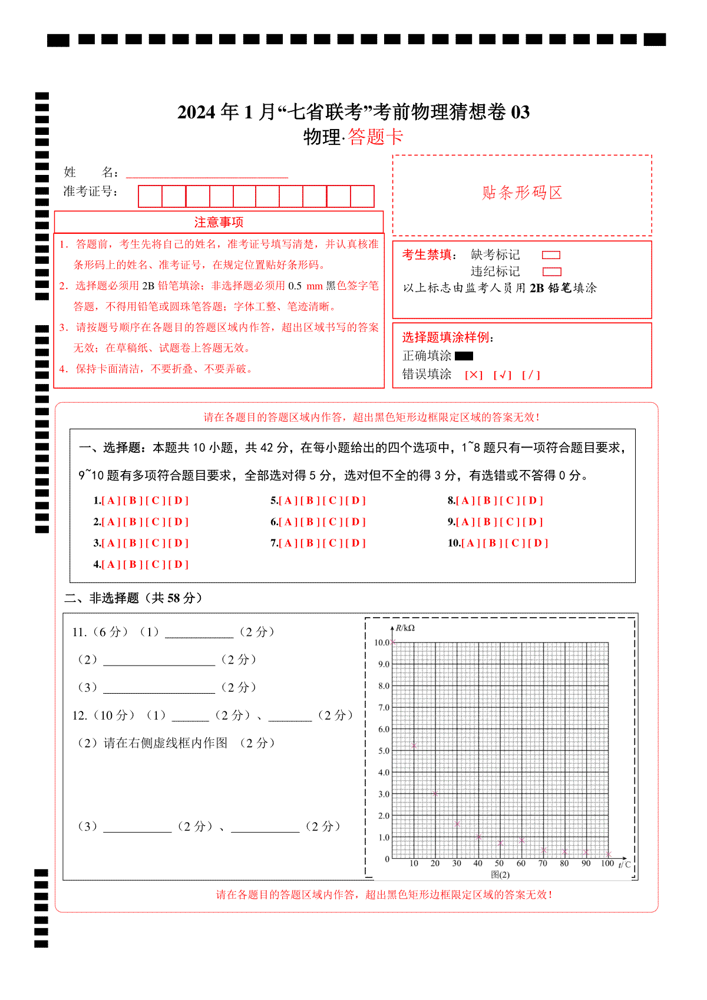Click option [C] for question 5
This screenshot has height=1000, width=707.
coord(333,501)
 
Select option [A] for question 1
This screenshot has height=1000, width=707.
coord(111,501)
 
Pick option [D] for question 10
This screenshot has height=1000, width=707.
coord(538,543)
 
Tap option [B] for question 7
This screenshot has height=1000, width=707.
coord(310,543)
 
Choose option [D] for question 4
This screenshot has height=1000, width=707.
coord(179,564)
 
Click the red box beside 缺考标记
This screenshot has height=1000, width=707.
coord(551,255)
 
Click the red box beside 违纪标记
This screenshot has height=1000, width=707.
coord(551,271)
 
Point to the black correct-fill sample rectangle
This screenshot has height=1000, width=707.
coord(464,356)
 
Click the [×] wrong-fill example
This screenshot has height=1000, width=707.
coord(474,375)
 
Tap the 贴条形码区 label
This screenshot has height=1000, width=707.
coord(522,193)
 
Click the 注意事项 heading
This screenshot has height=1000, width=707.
coord(219,222)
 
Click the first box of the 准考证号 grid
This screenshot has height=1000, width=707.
coord(150,196)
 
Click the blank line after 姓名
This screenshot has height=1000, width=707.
coord(207,173)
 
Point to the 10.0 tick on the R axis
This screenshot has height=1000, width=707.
coord(382,643)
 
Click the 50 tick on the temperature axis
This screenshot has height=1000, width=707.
coord(500,863)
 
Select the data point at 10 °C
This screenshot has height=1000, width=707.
coord(414,746)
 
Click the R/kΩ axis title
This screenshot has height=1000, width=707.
coord(405,628)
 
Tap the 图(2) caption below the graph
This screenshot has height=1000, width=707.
coord(500,875)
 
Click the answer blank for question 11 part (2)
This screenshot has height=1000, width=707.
coord(159,660)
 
